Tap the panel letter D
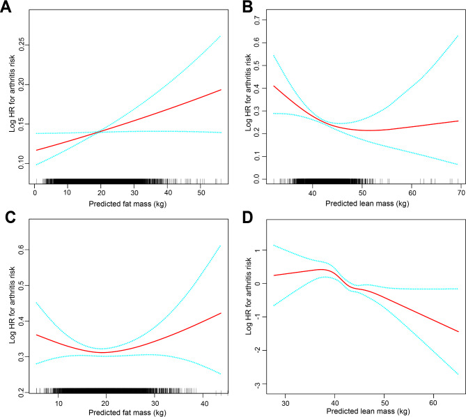pos(246,217)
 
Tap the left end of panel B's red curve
pos(274,86)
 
